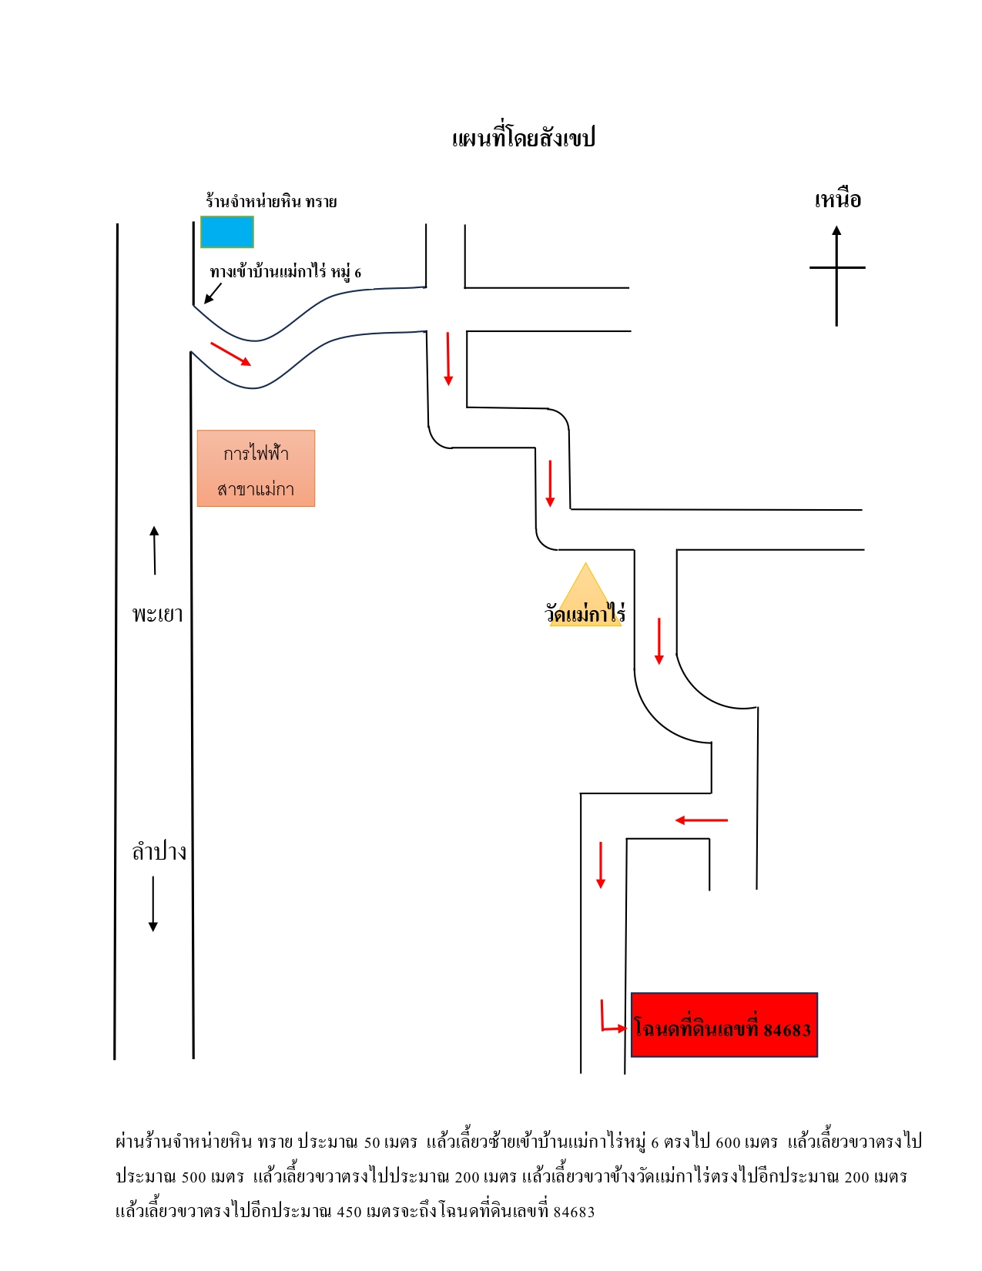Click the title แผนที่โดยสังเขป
pyautogui.click(x=523, y=138)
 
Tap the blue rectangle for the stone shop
pyautogui.click(x=227, y=232)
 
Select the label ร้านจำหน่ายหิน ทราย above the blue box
pyautogui.click(x=271, y=201)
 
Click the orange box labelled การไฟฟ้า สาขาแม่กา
pyautogui.click(x=256, y=468)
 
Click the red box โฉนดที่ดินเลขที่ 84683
pyautogui.click(x=724, y=1025)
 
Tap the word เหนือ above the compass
pyautogui.click(x=837, y=200)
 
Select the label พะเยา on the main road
pyautogui.click(x=157, y=614)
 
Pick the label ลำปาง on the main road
pyautogui.click(x=159, y=852)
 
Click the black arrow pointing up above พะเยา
pyautogui.click(x=154, y=550)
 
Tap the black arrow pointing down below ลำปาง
pyautogui.click(x=153, y=904)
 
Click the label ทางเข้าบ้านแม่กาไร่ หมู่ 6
pyautogui.click(x=286, y=272)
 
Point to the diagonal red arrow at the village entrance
pyautogui.click(x=230, y=354)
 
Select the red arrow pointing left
pyautogui.click(x=701, y=820)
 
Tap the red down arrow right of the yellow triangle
pyautogui.click(x=659, y=641)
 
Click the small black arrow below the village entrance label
pyautogui.click(x=213, y=293)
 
